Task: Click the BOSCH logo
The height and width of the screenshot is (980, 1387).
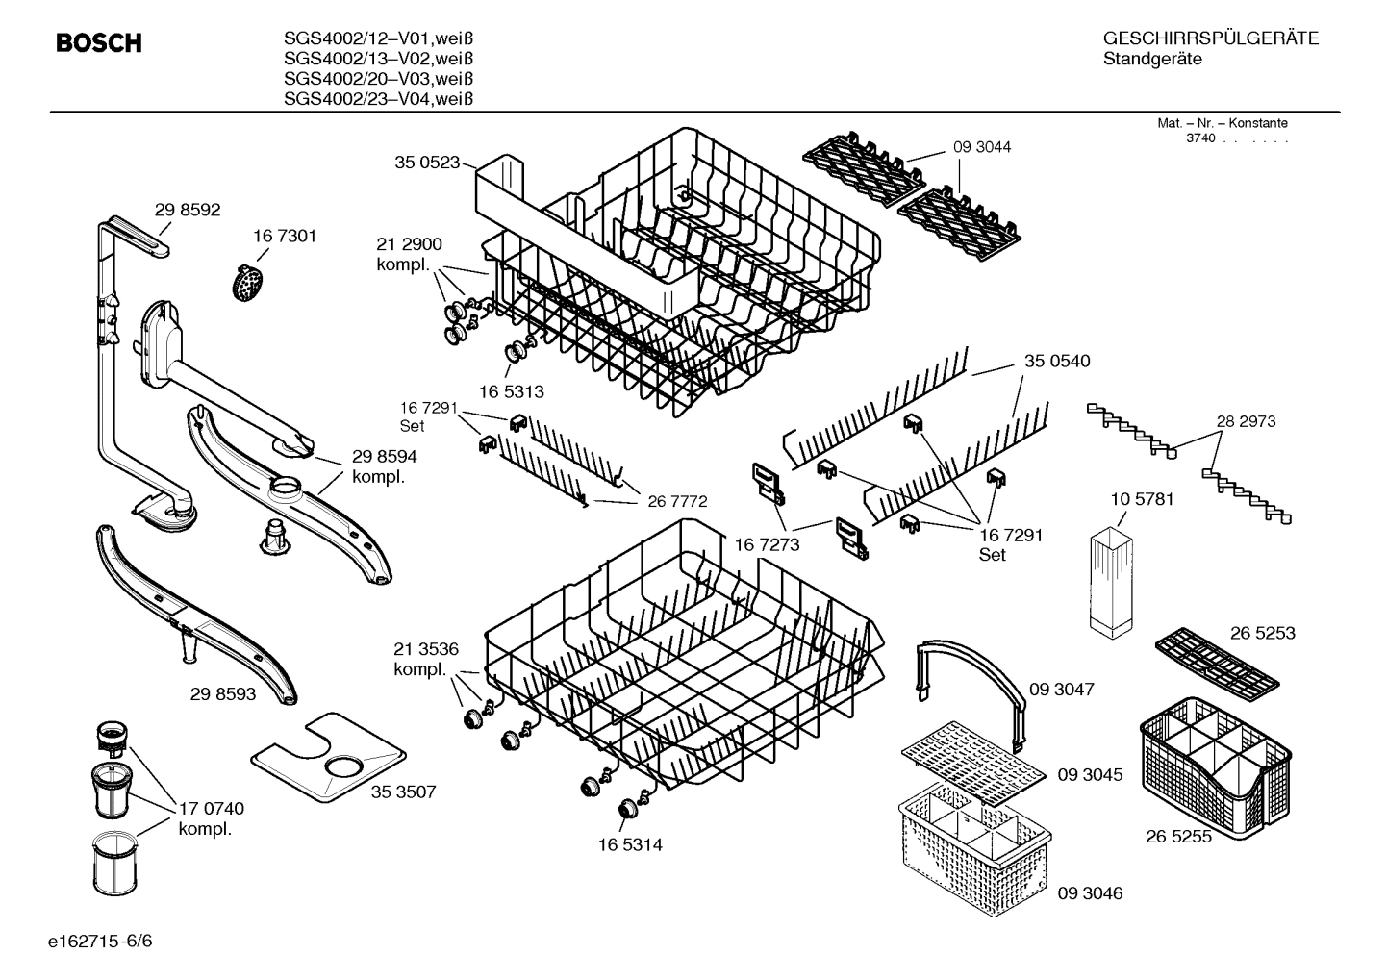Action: pyautogui.click(x=99, y=43)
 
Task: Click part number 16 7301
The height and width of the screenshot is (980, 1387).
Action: pyautogui.click(x=285, y=236)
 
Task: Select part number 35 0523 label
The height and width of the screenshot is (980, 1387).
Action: pyautogui.click(x=427, y=163)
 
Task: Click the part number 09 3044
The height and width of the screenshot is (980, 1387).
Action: pyautogui.click(x=982, y=147)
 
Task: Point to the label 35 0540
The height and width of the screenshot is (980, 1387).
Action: pyautogui.click(x=1057, y=362)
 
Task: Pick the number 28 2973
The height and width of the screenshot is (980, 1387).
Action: pyautogui.click(x=1246, y=421)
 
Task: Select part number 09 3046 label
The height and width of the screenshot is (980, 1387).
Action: pyautogui.click(x=1090, y=893)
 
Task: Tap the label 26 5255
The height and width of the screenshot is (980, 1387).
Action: pyautogui.click(x=1178, y=837)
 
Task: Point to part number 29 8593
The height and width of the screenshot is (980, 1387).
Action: pyautogui.click(x=223, y=692)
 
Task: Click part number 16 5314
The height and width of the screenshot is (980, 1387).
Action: pyautogui.click(x=630, y=844)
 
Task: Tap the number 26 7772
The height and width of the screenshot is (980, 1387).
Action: pyautogui.click(x=677, y=501)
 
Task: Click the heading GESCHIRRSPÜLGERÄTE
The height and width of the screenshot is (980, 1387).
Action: pyautogui.click(x=1210, y=38)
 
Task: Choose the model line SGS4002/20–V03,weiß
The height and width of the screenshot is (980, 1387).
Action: pyautogui.click(x=379, y=79)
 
